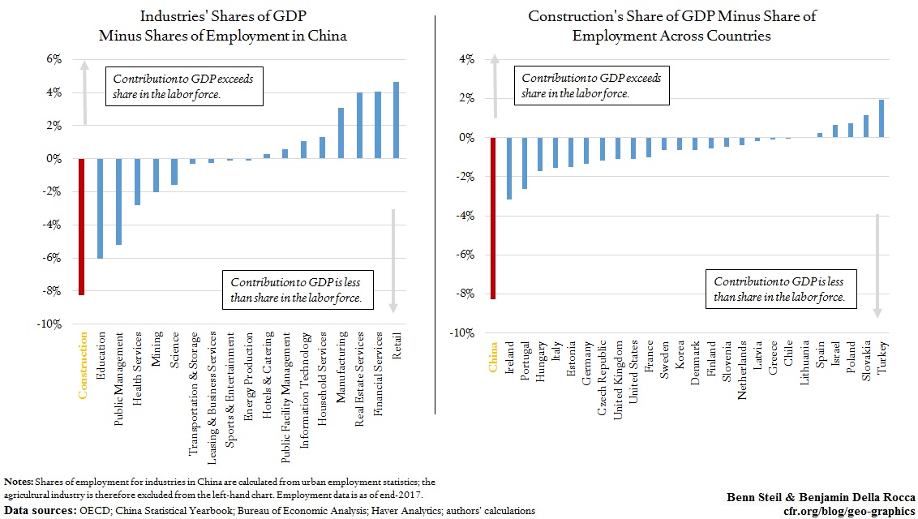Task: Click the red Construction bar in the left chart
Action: (81, 226)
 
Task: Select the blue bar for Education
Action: (101, 208)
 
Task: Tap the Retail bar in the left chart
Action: (396, 120)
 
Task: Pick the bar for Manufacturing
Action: (341, 133)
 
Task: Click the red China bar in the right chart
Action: (492, 217)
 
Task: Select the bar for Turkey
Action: (881, 118)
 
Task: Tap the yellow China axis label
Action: (492, 357)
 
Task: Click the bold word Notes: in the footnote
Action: (19, 483)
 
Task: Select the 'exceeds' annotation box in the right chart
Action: (591, 86)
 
